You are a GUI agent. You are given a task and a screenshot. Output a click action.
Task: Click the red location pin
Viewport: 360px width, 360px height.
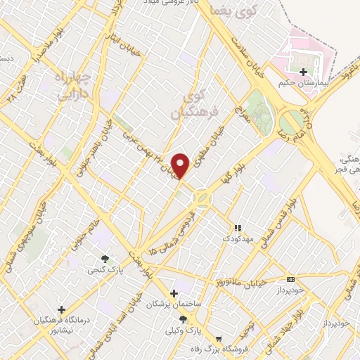tap(181, 165)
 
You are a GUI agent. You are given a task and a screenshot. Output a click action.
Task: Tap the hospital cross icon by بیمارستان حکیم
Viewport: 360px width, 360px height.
tap(304, 72)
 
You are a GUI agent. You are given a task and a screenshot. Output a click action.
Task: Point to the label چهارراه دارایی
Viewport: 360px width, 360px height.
tap(72, 83)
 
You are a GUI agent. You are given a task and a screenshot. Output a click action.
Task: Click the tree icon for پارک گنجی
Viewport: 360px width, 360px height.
tap(105, 259)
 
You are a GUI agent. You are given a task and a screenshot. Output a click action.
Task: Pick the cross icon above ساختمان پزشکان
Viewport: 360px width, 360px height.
tap(174, 293)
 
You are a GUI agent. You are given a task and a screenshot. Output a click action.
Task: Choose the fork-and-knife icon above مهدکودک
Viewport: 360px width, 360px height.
tap(238, 228)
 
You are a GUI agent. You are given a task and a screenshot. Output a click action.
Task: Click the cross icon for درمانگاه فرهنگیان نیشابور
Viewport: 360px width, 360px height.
tap(62, 309)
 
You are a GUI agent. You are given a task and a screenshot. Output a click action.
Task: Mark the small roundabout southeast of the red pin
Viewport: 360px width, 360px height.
tap(202, 198)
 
